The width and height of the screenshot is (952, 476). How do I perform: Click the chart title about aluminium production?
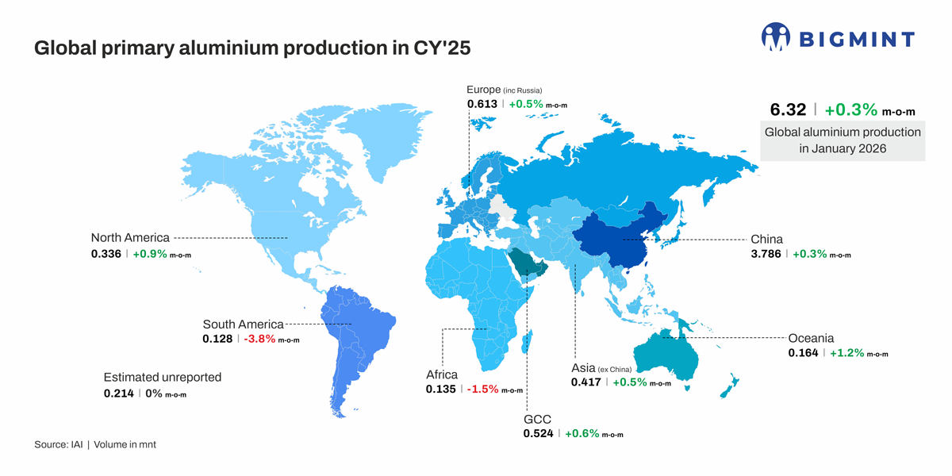[x=252, y=48]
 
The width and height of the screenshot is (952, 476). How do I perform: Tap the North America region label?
[x=130, y=237]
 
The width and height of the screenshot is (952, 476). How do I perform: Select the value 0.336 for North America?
[x=106, y=254]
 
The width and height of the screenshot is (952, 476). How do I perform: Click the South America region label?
[x=243, y=324]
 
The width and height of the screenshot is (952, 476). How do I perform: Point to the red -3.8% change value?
[x=259, y=339]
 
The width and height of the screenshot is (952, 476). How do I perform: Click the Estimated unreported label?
[x=163, y=377]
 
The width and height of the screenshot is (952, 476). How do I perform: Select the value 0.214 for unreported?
[x=119, y=393]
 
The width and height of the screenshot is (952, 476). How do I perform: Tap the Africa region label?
[x=442, y=374]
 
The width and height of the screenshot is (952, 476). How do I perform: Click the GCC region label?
[x=536, y=419]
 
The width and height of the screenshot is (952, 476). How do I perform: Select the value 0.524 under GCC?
[x=539, y=433]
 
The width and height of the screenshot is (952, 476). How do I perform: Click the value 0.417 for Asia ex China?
[x=586, y=382]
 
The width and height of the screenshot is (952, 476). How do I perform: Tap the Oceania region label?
[x=811, y=338]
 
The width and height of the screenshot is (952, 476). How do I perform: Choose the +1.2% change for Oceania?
[x=846, y=353]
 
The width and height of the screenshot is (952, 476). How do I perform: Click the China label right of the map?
[x=766, y=239]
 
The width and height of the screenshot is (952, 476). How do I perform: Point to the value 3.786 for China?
[x=766, y=254]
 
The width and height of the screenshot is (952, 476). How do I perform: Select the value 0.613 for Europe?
[x=482, y=104]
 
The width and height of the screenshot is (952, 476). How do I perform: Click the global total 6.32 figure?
[x=788, y=109]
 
